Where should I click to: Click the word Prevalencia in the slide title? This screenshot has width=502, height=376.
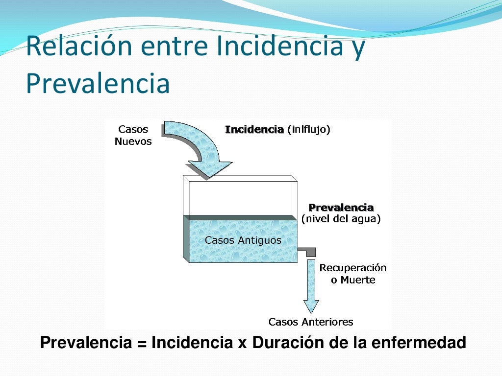pyautogui.click(x=98, y=83)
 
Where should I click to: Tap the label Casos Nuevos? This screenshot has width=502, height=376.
pyautogui.click(x=133, y=136)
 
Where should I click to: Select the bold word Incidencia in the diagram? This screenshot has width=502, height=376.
pyautogui.click(x=254, y=130)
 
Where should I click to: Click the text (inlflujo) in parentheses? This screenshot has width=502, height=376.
pyautogui.click(x=309, y=130)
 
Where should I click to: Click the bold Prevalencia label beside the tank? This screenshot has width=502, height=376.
pyautogui.click(x=341, y=208)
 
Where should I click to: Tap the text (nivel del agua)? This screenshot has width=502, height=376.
pyautogui.click(x=341, y=219)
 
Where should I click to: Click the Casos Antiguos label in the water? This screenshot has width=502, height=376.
pyautogui.click(x=243, y=240)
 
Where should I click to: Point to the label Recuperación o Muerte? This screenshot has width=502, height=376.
pyautogui.click(x=352, y=274)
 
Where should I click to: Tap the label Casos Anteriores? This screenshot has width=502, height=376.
pyautogui.click(x=311, y=322)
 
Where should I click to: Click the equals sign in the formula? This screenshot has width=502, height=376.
pyautogui.click(x=142, y=343)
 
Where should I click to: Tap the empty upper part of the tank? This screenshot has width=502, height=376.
pyautogui.click(x=240, y=198)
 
